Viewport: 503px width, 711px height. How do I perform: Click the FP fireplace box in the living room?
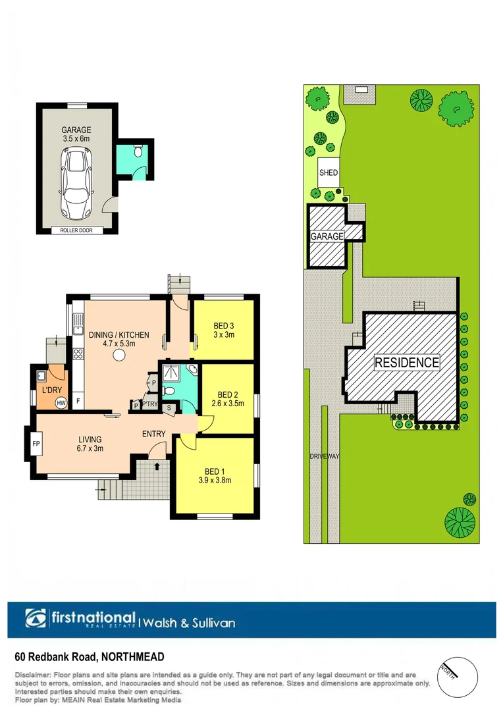point(36,444)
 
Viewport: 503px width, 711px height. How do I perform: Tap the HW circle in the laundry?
point(61,403)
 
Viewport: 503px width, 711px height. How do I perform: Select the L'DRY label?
point(51,390)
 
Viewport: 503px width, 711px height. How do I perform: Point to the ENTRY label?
point(153,434)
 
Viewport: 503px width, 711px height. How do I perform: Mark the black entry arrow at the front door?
point(157,467)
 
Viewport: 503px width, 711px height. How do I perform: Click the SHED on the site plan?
point(329,173)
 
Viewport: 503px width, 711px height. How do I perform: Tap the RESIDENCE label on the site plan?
point(406,362)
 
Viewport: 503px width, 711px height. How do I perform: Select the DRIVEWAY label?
point(323,456)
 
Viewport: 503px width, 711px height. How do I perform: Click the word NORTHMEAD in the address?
point(133,656)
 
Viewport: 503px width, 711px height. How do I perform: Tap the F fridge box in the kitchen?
point(78,401)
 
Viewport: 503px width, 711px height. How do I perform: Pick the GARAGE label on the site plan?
point(327,236)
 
